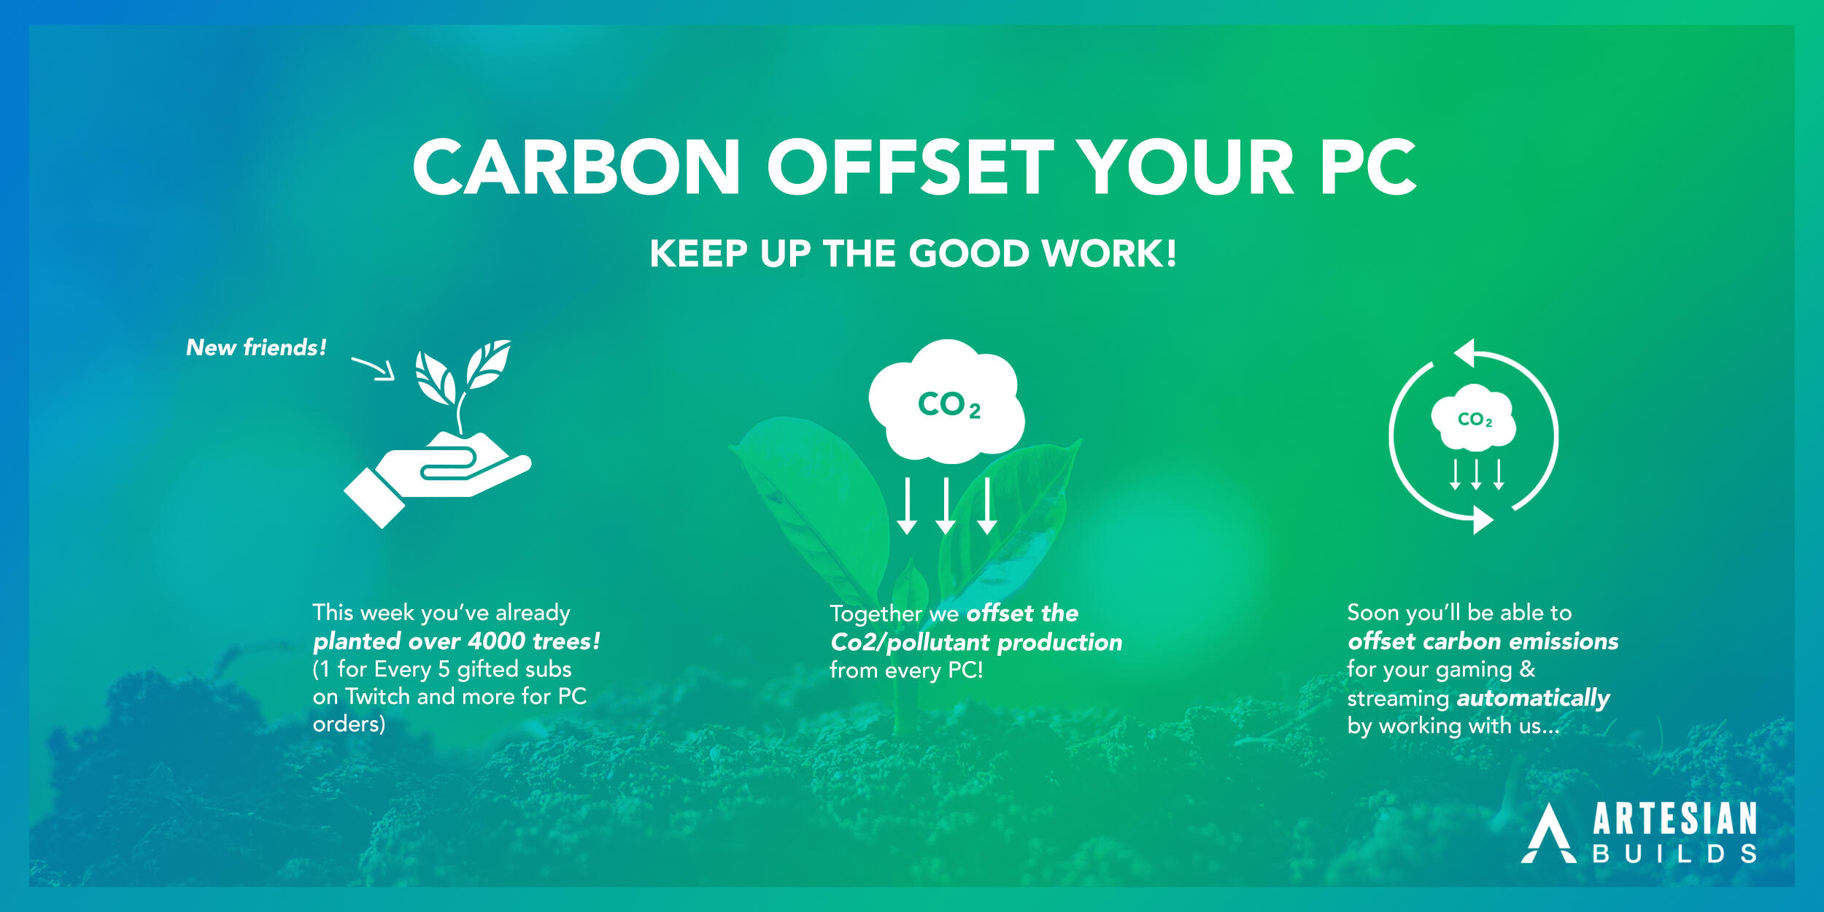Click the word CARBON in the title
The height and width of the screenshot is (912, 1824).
tap(576, 167)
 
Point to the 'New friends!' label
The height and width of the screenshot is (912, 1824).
tap(256, 347)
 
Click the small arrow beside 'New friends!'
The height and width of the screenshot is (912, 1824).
tap(374, 368)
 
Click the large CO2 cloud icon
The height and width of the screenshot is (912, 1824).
tap(947, 401)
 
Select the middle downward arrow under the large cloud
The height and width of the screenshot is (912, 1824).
tap(946, 506)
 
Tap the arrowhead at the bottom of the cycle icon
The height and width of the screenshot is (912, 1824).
tap(1483, 520)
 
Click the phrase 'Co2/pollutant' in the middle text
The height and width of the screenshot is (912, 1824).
tap(911, 643)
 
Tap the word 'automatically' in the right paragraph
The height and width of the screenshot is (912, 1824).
tap(1534, 699)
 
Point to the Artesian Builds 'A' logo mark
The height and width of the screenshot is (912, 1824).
tap(1549, 834)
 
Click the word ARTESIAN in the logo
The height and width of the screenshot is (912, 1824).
tap(1674, 819)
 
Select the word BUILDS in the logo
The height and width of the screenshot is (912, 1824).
tap(1674, 854)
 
